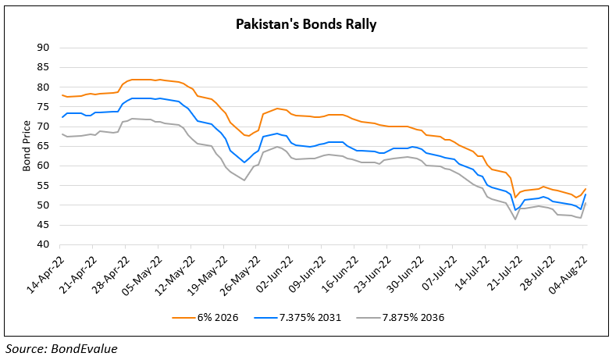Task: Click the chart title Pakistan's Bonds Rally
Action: coord(307,25)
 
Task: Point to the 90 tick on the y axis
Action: coord(43,47)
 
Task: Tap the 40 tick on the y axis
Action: coord(43,244)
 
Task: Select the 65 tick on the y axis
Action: coord(43,146)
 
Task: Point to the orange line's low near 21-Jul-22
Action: coord(516,196)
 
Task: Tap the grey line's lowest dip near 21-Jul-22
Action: coord(516,219)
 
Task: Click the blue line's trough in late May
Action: coord(244,162)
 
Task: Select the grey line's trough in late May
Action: coord(244,180)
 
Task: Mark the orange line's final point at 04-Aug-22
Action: coord(586,188)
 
